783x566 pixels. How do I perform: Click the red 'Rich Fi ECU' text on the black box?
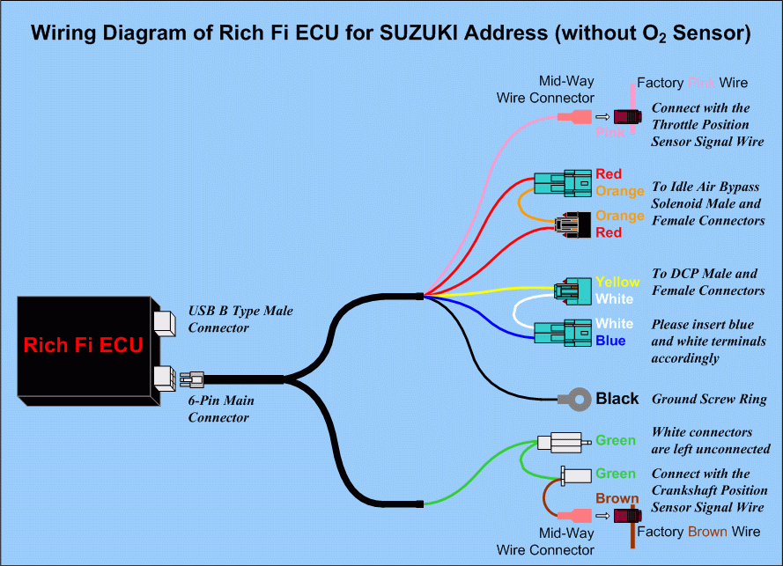[83, 345]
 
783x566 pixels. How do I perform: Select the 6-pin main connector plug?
[191, 379]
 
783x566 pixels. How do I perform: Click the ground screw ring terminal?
[573, 399]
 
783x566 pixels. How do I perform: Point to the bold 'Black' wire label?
[617, 399]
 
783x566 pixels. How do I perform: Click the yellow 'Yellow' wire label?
[617, 283]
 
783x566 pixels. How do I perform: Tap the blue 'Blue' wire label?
[609, 341]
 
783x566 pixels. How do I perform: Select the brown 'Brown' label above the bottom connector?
[617, 498]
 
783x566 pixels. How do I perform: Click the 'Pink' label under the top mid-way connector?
[609, 132]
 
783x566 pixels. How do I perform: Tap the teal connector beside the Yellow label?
[572, 290]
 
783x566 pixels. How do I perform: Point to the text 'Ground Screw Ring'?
[709, 399]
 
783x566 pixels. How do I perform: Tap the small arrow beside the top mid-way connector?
[602, 116]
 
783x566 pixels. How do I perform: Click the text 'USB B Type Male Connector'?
[240, 320]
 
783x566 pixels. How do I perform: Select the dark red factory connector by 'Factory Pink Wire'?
[626, 116]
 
